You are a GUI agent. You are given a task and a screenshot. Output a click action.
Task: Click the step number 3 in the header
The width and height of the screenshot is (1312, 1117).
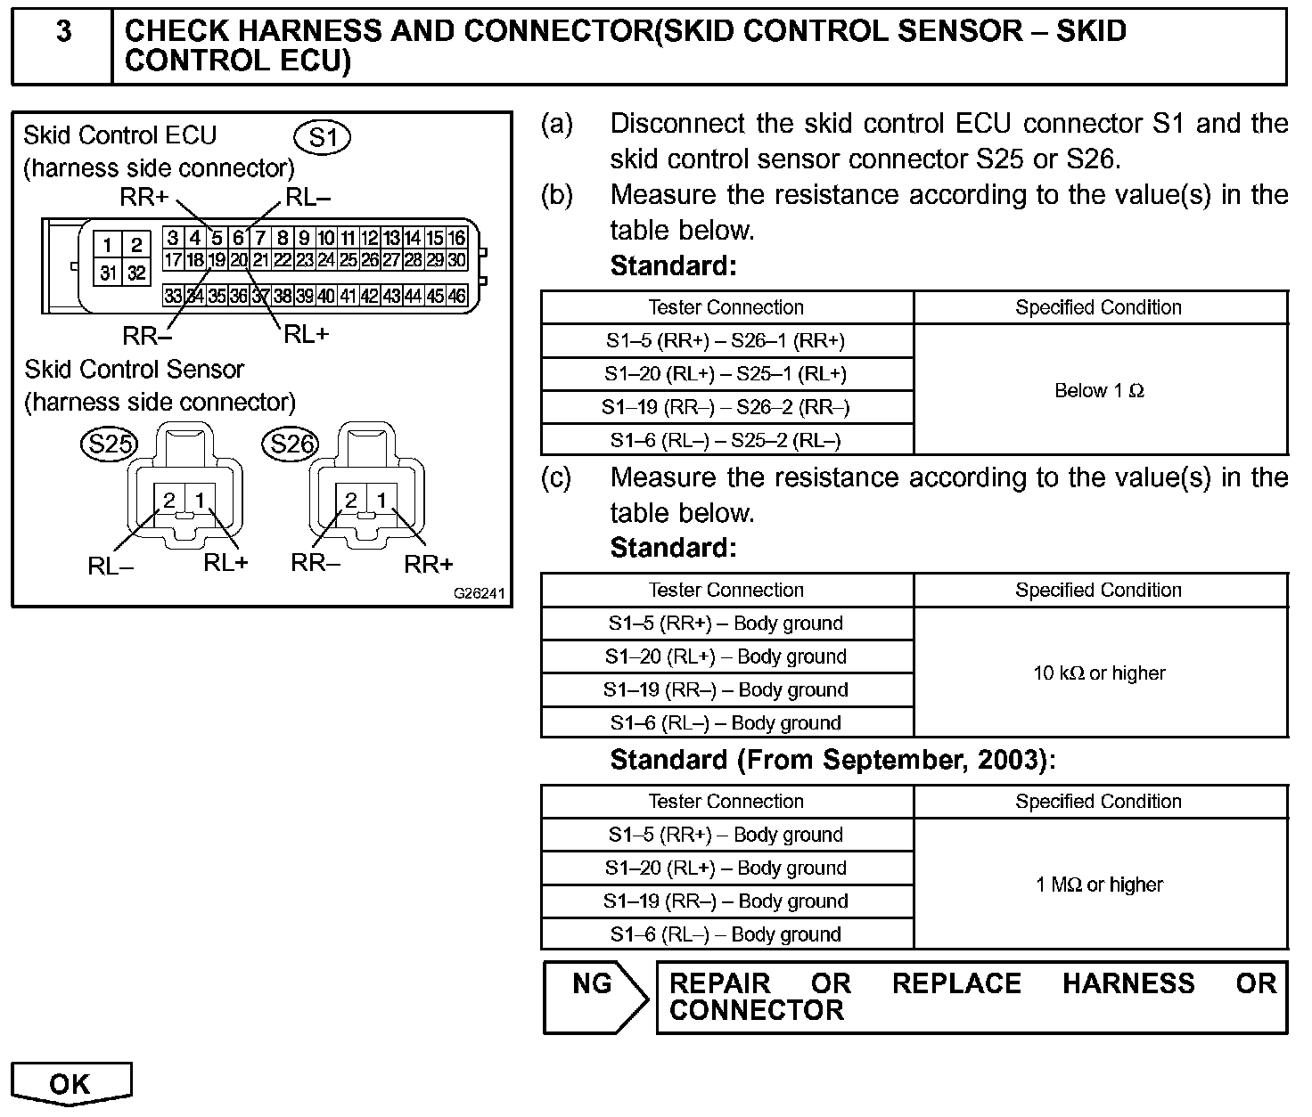coord(63,31)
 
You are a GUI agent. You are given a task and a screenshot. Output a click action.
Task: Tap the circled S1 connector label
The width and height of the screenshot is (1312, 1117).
coord(323,137)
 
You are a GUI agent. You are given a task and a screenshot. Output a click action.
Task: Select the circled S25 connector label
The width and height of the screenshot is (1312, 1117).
coord(108,443)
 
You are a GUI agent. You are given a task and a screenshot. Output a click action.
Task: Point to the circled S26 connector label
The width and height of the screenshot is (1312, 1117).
coord(291,443)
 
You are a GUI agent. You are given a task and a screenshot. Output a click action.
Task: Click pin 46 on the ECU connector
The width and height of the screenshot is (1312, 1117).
coord(456,296)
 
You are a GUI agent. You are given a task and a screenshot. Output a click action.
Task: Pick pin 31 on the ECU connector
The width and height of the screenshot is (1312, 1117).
coord(109,273)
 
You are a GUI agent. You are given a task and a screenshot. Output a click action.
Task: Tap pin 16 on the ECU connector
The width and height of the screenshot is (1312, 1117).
coord(456,238)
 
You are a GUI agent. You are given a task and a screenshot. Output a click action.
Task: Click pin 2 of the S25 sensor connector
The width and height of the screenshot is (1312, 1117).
coord(169,501)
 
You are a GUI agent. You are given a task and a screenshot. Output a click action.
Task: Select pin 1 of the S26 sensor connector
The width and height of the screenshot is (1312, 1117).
coord(381,501)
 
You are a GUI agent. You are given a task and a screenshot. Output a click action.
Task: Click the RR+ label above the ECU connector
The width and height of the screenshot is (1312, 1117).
coord(143,198)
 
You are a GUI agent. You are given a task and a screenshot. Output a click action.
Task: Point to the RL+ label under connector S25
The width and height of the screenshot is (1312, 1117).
coord(225,562)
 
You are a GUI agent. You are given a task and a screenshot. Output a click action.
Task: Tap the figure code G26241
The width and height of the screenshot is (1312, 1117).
coord(480,593)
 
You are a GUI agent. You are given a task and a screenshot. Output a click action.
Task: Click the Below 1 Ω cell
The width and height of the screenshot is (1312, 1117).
coord(1099,390)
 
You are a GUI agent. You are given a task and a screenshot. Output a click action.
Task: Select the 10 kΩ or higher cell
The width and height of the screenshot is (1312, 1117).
coord(1099,673)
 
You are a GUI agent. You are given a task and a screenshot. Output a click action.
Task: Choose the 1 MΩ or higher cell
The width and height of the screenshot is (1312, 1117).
coord(1099,885)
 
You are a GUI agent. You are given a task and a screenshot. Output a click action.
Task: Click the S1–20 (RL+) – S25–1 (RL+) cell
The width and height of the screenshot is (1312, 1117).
coord(726,374)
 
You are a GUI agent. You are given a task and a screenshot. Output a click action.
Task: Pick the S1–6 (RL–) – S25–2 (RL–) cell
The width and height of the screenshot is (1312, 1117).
coord(726,440)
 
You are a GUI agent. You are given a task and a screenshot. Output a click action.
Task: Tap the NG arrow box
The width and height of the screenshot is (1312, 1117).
coord(594,998)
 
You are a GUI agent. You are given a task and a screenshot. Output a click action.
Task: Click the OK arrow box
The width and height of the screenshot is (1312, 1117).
coord(71,1084)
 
